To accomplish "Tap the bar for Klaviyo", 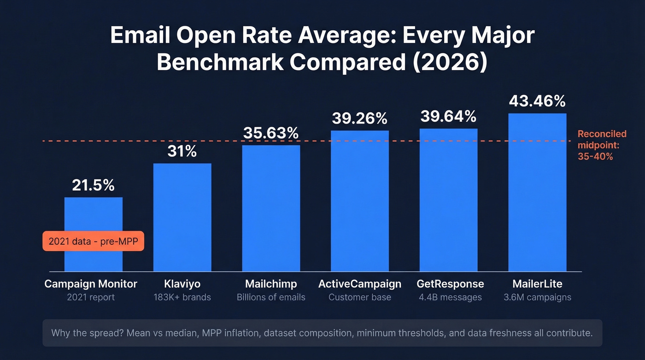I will [x=182, y=217].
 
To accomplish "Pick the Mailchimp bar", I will [x=271, y=208].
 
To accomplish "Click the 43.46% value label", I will [x=537, y=101].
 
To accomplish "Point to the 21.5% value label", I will [x=93, y=185].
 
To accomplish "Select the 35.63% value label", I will [x=271, y=133].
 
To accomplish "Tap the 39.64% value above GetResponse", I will [x=448, y=117].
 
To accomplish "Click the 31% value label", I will [x=182, y=151].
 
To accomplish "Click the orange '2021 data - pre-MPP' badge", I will [x=94, y=241].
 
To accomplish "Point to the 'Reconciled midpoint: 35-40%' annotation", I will [x=601, y=145].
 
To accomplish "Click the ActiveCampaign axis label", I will [x=360, y=283].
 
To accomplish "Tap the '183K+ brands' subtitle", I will [x=182, y=297].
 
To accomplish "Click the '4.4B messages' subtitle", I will [x=450, y=297].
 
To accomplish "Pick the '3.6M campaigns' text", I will [x=537, y=297].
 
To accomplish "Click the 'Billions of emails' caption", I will [x=271, y=297].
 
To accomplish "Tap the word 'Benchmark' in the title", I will [x=220, y=62].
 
